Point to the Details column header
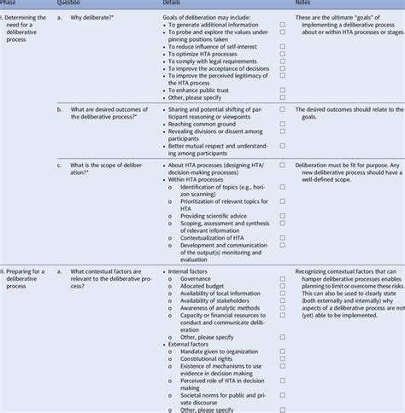[174, 3]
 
